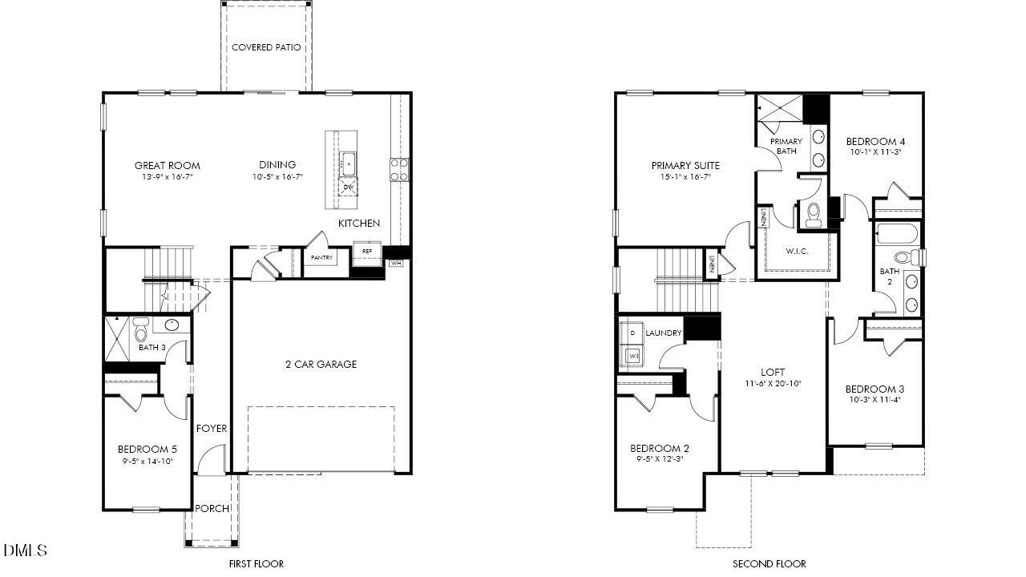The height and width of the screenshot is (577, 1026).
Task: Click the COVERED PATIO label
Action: tap(266, 47)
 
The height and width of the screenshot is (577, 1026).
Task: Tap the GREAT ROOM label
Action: tap(167, 166)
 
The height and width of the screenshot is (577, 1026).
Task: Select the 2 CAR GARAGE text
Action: tap(321, 365)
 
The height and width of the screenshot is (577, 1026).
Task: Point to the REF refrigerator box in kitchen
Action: tap(367, 252)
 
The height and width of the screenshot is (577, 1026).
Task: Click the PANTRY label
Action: tap(322, 258)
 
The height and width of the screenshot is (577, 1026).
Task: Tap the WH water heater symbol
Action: tap(396, 263)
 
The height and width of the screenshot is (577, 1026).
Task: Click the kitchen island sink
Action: tap(349, 163)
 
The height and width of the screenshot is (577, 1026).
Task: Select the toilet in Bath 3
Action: tap(141, 329)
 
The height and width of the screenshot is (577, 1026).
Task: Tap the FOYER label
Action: tap(211, 429)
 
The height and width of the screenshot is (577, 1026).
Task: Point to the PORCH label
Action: tap(212, 508)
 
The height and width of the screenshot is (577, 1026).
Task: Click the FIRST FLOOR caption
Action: tap(256, 564)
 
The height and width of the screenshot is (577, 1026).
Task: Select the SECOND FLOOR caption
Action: tap(769, 564)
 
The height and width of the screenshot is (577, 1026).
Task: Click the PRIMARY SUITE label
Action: tap(685, 166)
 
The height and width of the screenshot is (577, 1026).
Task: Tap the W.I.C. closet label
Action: tap(797, 252)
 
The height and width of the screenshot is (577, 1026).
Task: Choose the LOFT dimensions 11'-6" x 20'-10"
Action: tap(773, 384)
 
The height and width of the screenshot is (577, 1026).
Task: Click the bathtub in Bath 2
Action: tap(898, 234)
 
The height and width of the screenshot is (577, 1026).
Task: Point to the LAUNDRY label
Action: tap(663, 333)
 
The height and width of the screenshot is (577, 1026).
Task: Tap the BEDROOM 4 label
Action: tap(876, 142)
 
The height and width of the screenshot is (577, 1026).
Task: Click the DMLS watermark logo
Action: tap(25, 551)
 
